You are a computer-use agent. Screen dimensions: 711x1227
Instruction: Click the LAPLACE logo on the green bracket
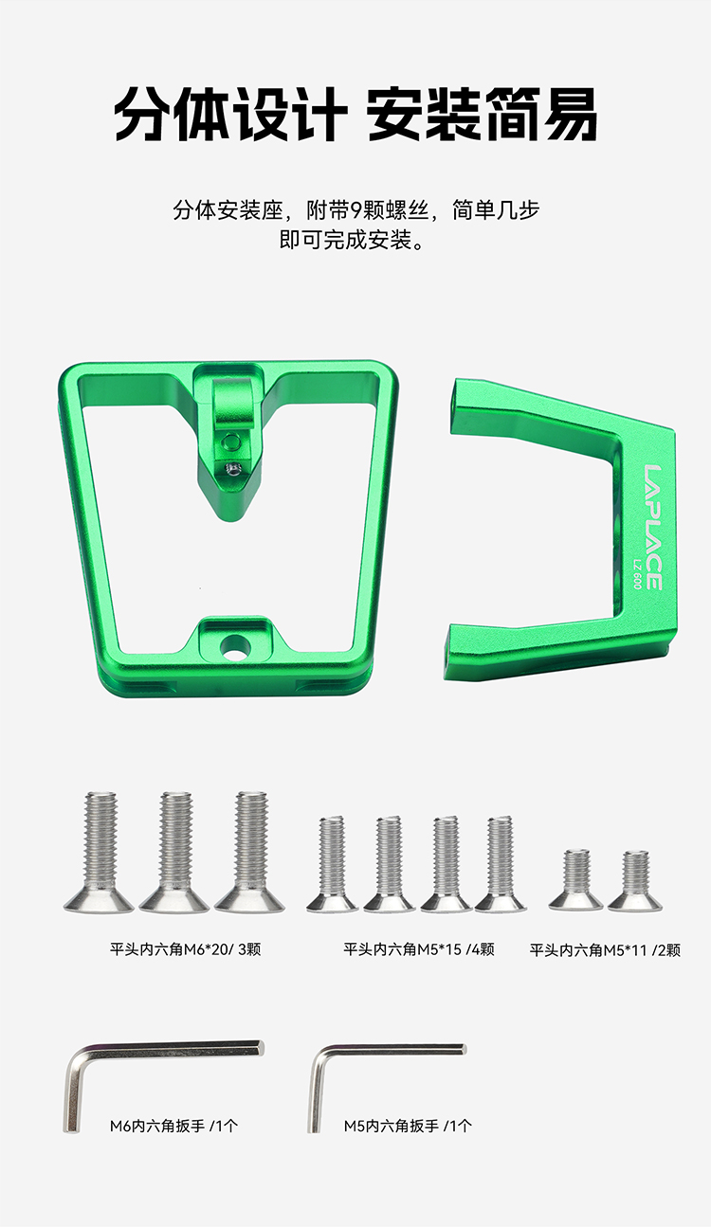tap(653, 528)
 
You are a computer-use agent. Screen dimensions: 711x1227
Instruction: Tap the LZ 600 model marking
tap(636, 573)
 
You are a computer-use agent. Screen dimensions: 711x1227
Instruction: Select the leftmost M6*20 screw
tap(100, 852)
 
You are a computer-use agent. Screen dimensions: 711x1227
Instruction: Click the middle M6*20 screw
tap(174, 852)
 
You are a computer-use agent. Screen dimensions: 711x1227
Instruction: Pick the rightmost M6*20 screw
tap(250, 852)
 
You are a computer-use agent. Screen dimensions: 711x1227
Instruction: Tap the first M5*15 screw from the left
tap(332, 864)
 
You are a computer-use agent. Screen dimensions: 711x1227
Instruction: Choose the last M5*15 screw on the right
tap(500, 864)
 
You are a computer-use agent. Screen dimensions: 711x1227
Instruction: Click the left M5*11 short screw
tap(576, 879)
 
